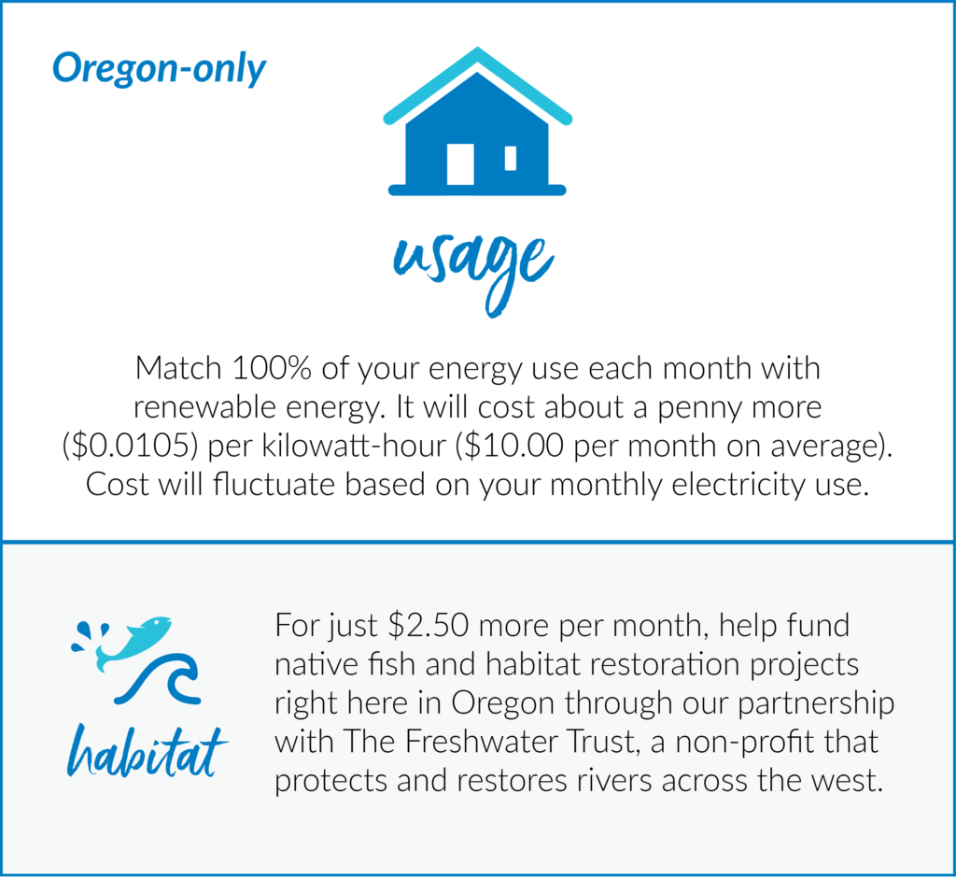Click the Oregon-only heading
click(x=159, y=68)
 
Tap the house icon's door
click(x=460, y=164)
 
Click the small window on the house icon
click(x=511, y=158)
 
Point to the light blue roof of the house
click(x=477, y=84)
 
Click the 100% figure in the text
click(x=272, y=368)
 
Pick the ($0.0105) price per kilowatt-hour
click(x=131, y=446)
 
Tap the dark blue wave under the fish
click(x=157, y=679)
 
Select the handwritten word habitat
click(x=148, y=751)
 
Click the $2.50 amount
click(x=428, y=625)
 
